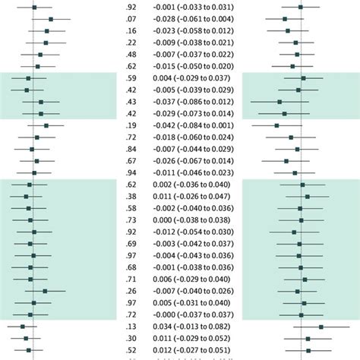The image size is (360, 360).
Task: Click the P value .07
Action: pos(131,18)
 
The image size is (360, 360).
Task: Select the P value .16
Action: pos(131,30)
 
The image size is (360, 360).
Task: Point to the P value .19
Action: pos(131,125)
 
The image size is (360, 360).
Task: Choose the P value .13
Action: pos(131,327)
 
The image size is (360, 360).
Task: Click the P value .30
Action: pos(131,339)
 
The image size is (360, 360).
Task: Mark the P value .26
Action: pos(131,291)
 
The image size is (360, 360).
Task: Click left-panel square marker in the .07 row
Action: pos(50,18)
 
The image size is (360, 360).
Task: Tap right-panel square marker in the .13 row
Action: pos(321,327)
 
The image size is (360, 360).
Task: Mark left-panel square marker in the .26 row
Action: pos(45,291)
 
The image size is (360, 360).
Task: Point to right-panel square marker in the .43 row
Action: pos(279,101)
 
